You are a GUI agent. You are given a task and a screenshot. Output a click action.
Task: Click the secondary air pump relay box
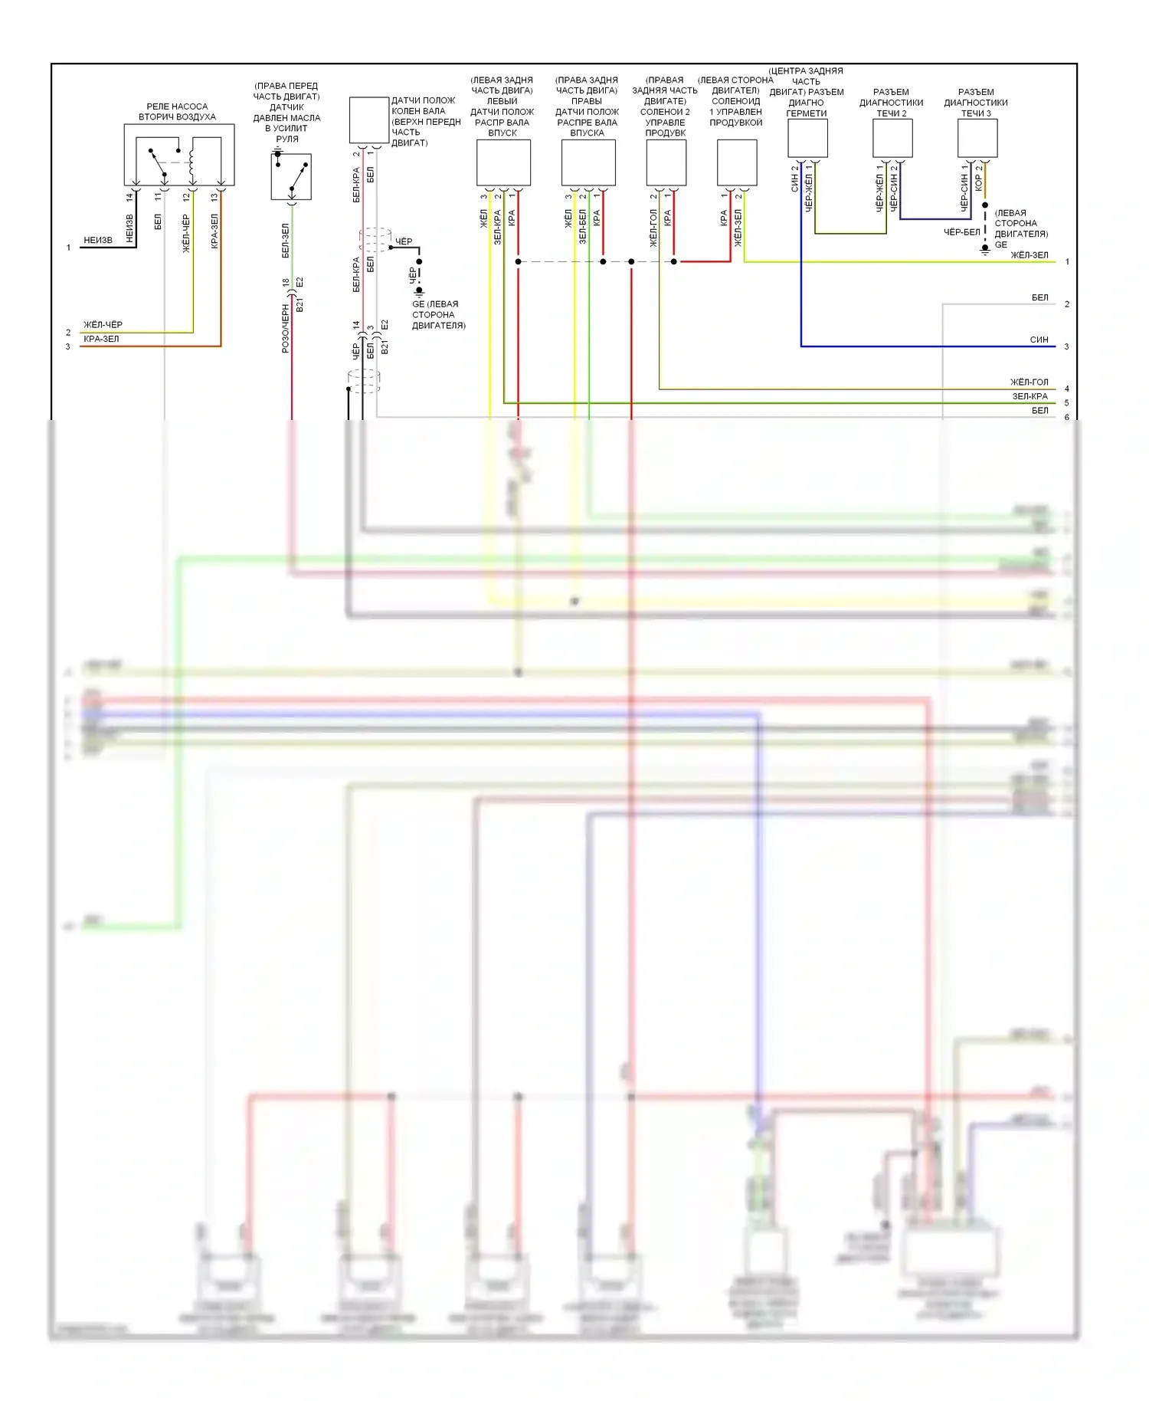(x=178, y=156)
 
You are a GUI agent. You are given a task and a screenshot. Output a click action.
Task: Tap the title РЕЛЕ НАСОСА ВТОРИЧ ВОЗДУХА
(x=177, y=112)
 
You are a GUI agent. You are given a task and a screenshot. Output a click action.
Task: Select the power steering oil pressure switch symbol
(x=291, y=176)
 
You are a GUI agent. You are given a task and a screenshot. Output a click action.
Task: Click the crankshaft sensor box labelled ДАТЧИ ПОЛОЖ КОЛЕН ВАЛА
(x=368, y=120)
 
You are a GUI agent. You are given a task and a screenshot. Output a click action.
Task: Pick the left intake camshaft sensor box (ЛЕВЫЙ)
(x=503, y=162)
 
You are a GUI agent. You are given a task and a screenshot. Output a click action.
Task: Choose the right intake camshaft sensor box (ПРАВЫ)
(x=588, y=162)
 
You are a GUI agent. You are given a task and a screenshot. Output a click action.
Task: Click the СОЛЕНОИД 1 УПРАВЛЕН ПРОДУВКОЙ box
(x=737, y=162)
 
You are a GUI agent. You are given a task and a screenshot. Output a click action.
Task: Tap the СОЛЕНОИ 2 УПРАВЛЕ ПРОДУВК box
(x=666, y=162)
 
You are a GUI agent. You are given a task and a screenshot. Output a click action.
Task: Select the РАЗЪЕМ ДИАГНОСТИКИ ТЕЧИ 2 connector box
(x=892, y=139)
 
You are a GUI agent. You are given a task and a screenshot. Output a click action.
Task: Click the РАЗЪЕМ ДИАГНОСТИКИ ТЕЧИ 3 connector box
(x=977, y=139)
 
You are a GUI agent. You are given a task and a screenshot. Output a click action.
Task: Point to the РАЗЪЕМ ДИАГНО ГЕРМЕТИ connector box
(x=807, y=139)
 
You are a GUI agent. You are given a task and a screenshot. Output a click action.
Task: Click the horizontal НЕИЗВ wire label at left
(x=98, y=241)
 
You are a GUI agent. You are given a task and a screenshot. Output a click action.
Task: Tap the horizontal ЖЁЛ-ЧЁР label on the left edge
(x=103, y=325)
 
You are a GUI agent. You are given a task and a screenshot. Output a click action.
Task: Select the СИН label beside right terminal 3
(x=1039, y=340)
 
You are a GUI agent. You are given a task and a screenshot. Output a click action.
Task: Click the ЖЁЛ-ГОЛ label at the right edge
(x=1029, y=382)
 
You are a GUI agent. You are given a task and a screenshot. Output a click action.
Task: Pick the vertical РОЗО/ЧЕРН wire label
(x=286, y=328)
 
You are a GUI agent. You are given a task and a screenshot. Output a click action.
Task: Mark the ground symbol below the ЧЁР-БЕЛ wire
(x=985, y=250)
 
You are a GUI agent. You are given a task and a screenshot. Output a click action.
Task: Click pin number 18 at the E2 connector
(x=286, y=283)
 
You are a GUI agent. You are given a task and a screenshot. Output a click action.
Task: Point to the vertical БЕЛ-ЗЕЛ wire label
(x=286, y=241)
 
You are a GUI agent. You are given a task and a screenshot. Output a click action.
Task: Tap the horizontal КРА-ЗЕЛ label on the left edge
(x=101, y=339)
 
